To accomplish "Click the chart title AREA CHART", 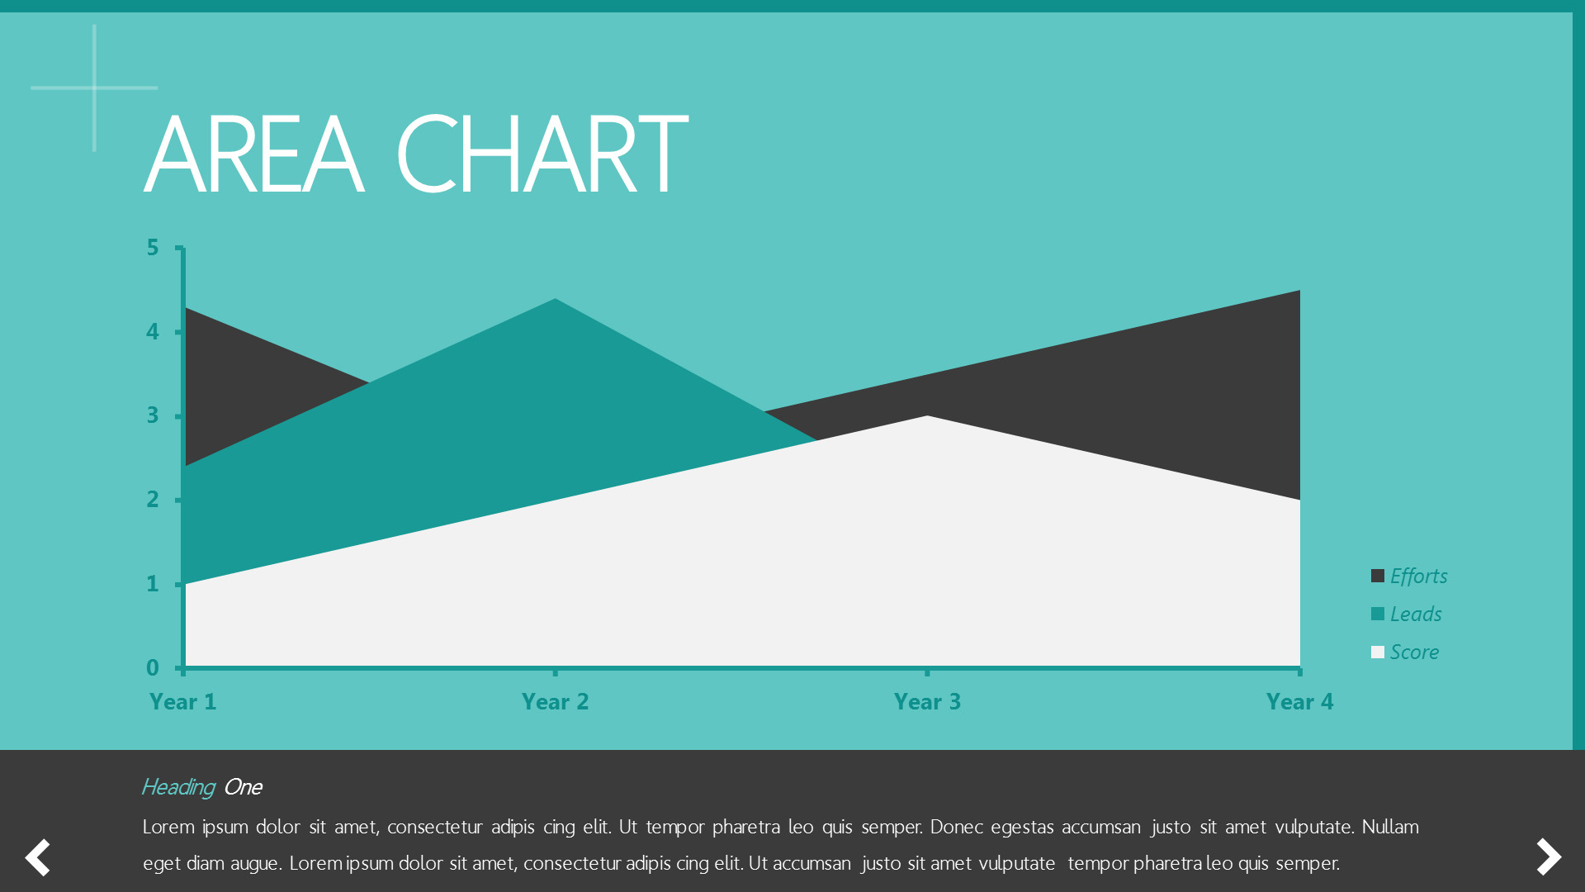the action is [x=416, y=154].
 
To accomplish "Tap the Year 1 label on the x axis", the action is [x=182, y=702].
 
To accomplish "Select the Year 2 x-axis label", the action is [x=555, y=702].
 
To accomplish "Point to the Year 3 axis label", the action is [x=927, y=702].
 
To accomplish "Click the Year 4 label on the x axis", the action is [x=1299, y=702].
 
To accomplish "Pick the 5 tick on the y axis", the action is [x=153, y=248].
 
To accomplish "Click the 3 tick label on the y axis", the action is [x=153, y=415].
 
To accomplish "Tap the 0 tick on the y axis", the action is [x=153, y=667].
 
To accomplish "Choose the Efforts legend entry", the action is [x=1409, y=576].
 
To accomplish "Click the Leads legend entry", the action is [x=1407, y=614].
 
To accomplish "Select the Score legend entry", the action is [x=1405, y=652].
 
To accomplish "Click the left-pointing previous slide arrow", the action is [x=38, y=857].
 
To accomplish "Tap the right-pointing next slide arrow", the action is [x=1549, y=856].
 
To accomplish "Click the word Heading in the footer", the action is [x=178, y=787].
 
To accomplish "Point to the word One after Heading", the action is [x=243, y=787].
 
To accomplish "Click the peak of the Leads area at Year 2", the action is [x=555, y=299].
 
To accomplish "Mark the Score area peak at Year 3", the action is [x=927, y=416].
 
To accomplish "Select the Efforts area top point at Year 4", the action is [x=1299, y=291].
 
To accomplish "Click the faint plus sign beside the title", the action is [x=94, y=88].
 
